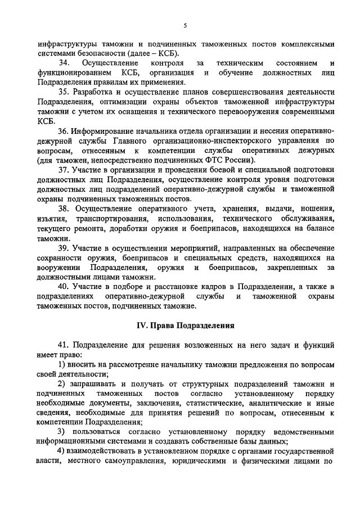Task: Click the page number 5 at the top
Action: (184, 25)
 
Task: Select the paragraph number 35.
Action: (65, 92)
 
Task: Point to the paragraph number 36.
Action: (65, 131)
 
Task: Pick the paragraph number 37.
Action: (65, 170)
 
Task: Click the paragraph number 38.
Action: (65, 209)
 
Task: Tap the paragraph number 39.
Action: (65, 247)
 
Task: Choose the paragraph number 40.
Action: (65, 286)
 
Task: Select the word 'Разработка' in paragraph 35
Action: (95, 92)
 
